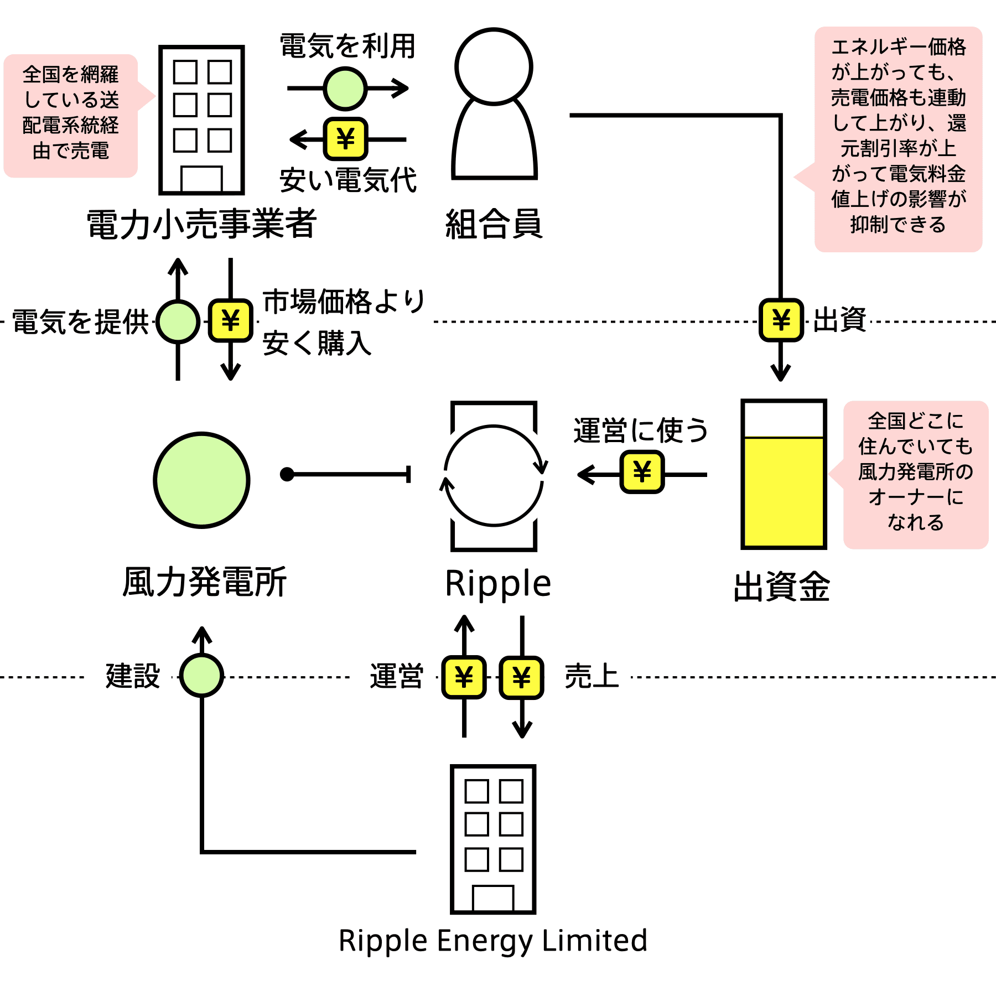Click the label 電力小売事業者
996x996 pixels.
(x=201, y=224)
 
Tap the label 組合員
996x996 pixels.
(x=494, y=224)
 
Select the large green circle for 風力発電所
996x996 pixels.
(x=201, y=480)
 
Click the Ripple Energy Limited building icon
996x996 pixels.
(x=493, y=839)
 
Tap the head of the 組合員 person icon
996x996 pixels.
(x=494, y=66)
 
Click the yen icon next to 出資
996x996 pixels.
(x=781, y=320)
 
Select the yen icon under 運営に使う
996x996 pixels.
(x=642, y=472)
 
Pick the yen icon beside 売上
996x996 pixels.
(x=521, y=677)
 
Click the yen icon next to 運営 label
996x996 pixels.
(x=464, y=677)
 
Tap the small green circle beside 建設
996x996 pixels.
(x=201, y=675)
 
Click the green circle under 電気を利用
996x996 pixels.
(x=345, y=89)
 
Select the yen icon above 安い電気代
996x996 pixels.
(x=345, y=138)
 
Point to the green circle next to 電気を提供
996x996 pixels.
(x=178, y=321)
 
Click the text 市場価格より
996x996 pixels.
(x=344, y=302)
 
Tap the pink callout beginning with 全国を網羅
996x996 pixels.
(x=71, y=116)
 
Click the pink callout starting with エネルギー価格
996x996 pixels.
(x=898, y=139)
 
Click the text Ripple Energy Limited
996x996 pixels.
(x=493, y=941)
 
